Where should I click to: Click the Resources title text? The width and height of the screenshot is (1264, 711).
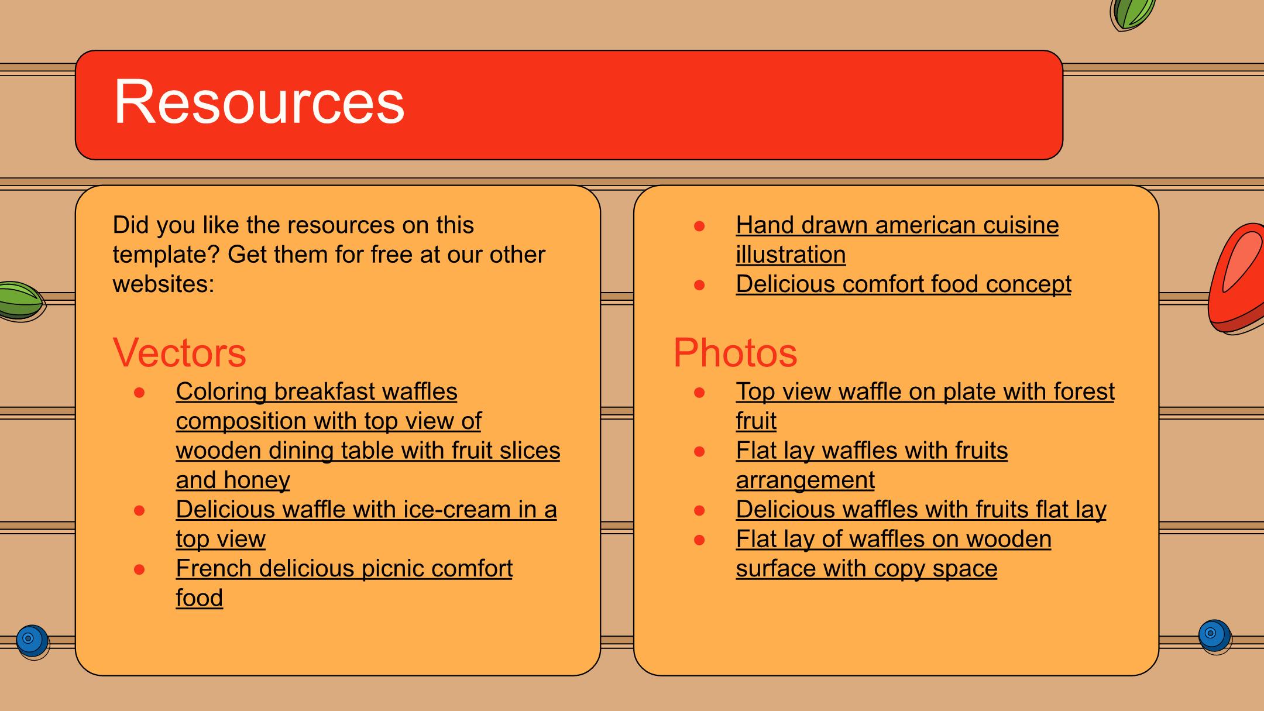pos(259,102)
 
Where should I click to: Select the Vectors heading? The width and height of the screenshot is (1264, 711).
pos(179,352)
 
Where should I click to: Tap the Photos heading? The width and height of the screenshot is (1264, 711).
pos(735,352)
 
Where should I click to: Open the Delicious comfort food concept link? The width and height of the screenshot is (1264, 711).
pos(904,284)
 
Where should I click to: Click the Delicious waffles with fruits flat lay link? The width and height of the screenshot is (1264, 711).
pos(921,510)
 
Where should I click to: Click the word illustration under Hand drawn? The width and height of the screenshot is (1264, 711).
pos(791,255)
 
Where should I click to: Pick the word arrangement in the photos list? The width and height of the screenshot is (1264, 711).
pos(805,480)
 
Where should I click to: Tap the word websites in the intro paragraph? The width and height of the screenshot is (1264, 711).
pos(163,284)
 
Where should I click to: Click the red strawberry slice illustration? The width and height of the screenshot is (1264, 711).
pos(1236,278)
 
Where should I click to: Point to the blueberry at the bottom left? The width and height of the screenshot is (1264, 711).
pos(32,641)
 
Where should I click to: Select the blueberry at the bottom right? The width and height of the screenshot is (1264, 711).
pos(1214,636)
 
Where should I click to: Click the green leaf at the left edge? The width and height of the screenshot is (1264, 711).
pos(21,301)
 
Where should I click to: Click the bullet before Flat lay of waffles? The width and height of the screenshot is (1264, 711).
pos(699,540)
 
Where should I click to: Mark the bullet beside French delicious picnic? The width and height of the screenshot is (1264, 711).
pos(139,569)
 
